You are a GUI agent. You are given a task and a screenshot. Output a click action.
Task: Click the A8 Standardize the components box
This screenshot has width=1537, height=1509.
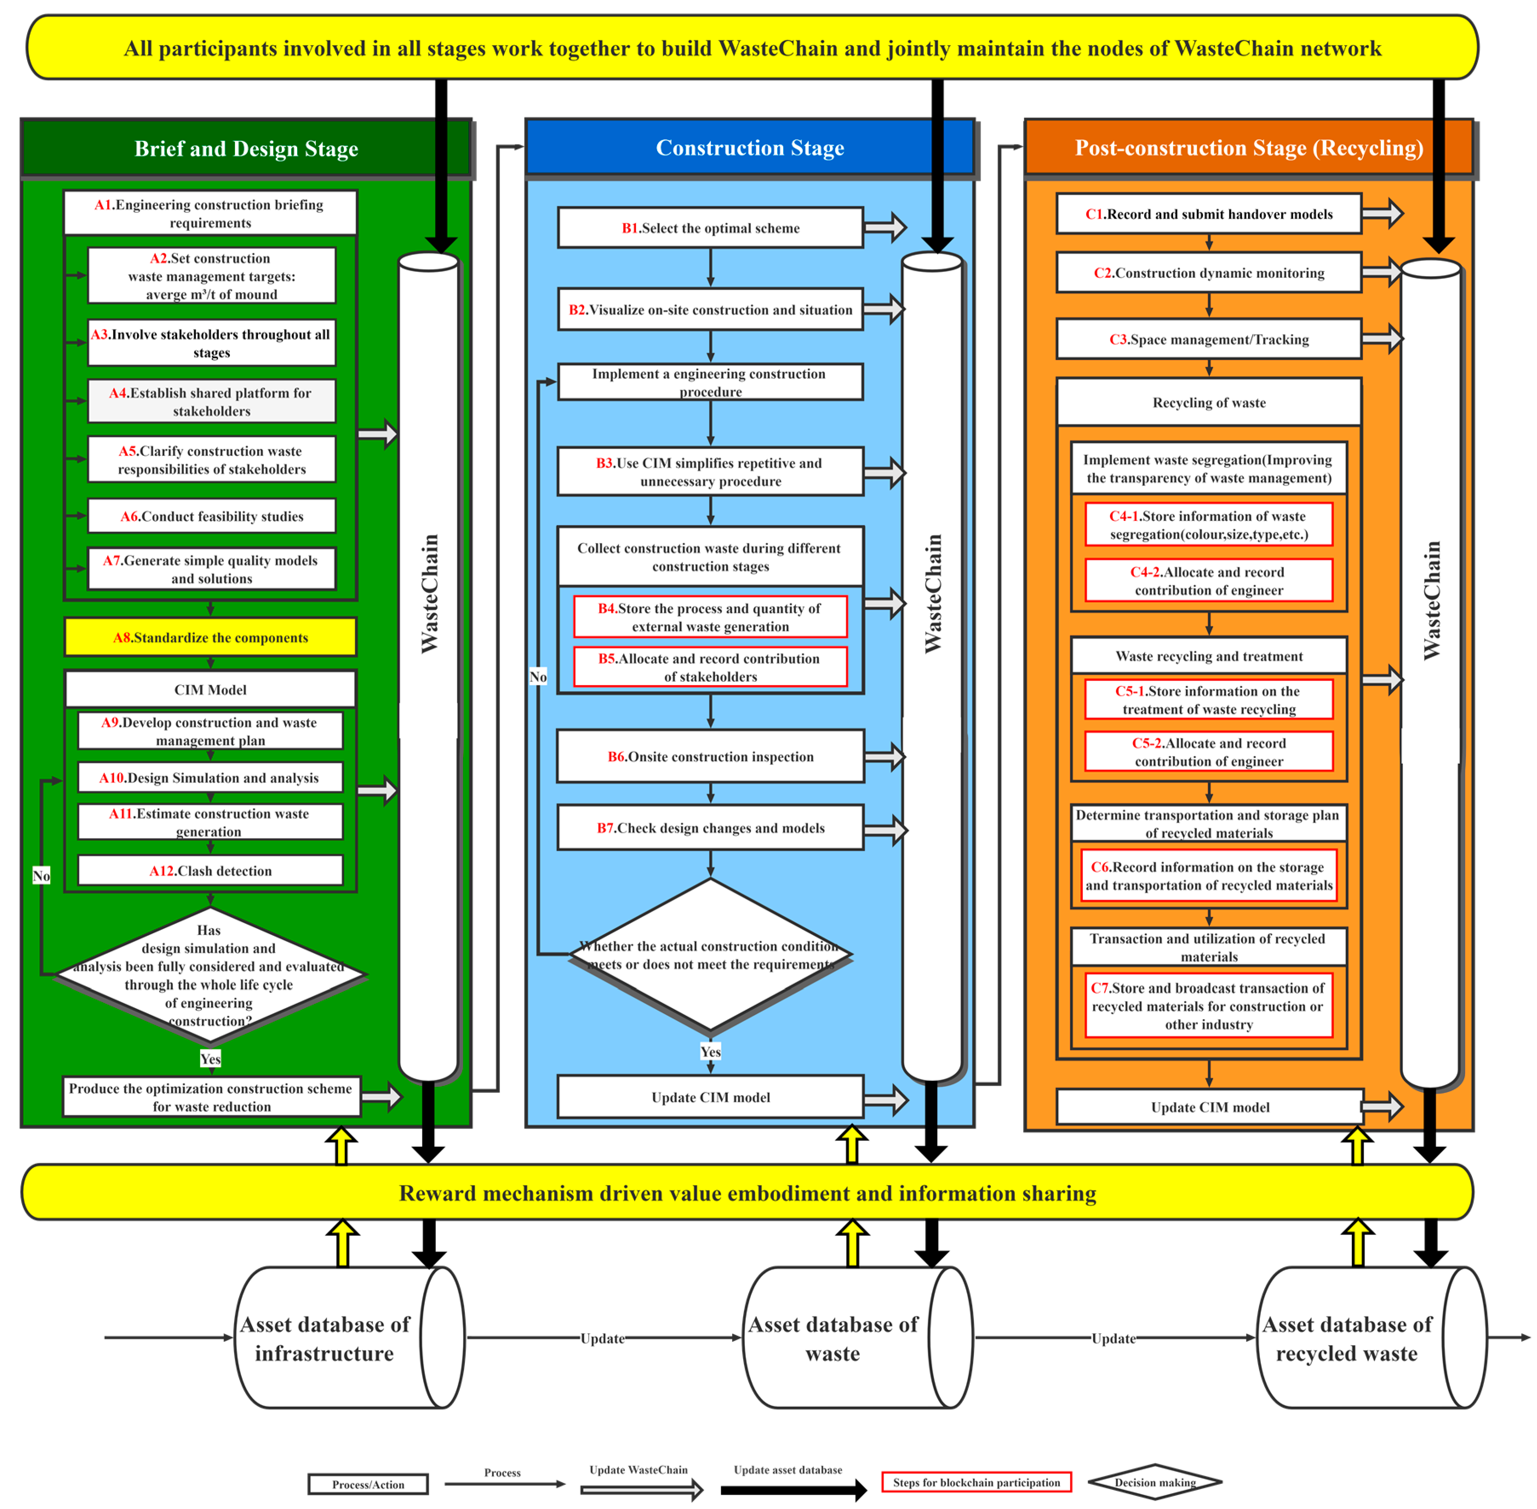[210, 637]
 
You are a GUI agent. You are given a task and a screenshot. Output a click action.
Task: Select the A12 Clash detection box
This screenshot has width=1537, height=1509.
[210, 870]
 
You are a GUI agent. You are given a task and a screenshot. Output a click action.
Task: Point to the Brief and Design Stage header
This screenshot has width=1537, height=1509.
[246, 148]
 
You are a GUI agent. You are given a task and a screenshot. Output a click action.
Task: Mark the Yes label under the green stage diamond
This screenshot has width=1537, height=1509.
[210, 1058]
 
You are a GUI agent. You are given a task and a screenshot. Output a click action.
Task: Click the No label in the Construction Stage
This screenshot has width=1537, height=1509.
[538, 676]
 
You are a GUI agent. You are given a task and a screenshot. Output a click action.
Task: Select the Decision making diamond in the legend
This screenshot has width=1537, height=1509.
[1154, 1482]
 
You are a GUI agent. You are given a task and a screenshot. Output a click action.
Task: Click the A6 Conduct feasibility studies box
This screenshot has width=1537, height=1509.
[212, 516]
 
